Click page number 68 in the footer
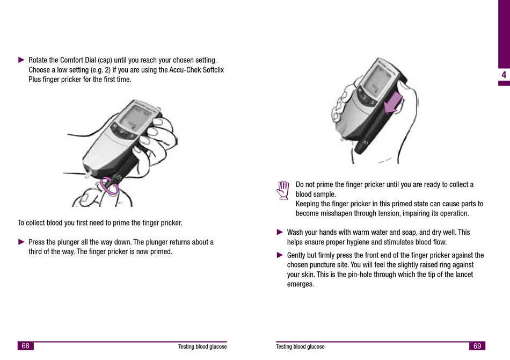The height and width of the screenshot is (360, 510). [25, 346]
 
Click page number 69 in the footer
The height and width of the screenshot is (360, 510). [477, 346]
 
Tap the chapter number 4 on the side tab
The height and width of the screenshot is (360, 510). [503, 75]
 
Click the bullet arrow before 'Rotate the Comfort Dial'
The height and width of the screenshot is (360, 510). [21, 60]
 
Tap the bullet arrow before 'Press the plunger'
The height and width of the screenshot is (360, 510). [21, 242]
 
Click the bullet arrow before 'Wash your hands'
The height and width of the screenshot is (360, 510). [280, 232]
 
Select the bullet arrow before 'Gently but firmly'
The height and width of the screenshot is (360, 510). [280, 255]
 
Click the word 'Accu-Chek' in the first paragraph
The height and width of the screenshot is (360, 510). [184, 70]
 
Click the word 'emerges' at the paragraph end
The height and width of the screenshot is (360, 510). [301, 284]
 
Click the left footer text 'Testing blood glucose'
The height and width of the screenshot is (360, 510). [202, 347]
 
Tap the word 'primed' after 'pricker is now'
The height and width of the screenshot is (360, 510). [161, 252]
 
